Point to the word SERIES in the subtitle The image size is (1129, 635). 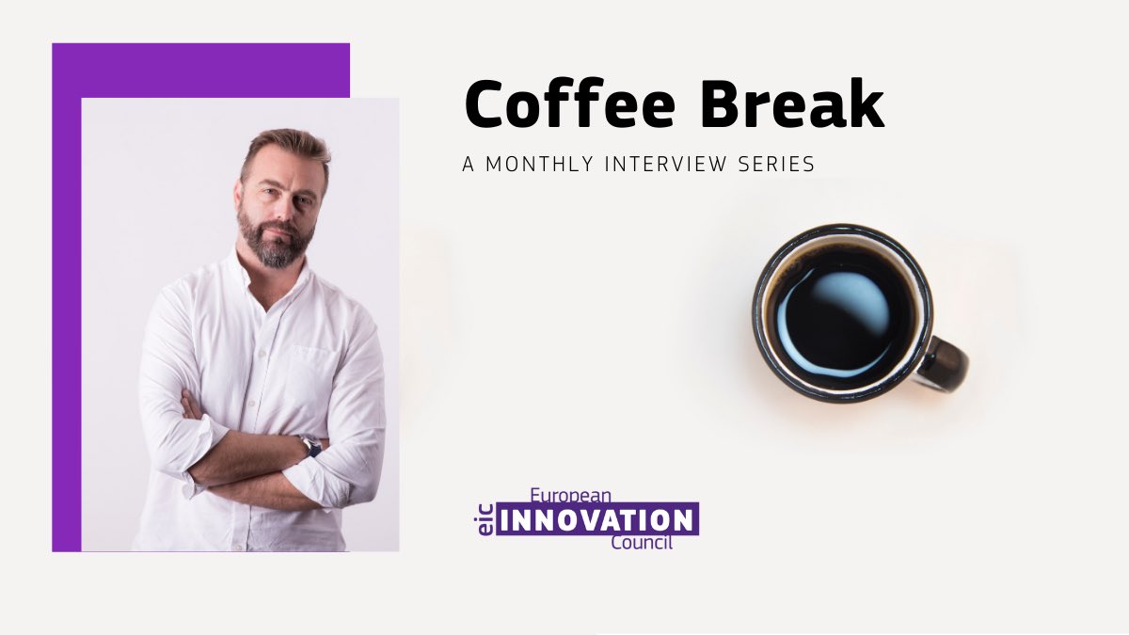[781, 164]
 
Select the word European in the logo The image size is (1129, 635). [571, 494]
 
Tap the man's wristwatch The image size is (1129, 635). [310, 445]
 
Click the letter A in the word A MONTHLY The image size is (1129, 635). [469, 164]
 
